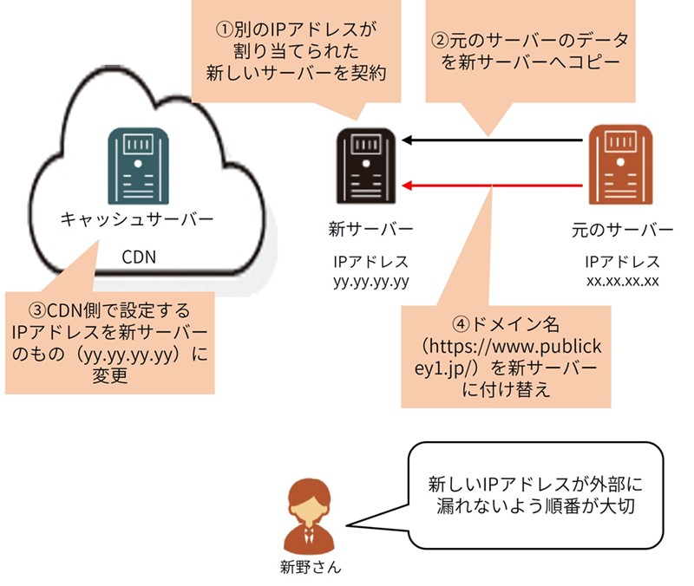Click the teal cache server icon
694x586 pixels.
[135, 164]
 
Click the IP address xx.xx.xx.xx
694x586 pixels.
[623, 281]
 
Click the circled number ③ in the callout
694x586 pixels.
[36, 309]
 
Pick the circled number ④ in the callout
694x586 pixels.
[463, 322]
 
